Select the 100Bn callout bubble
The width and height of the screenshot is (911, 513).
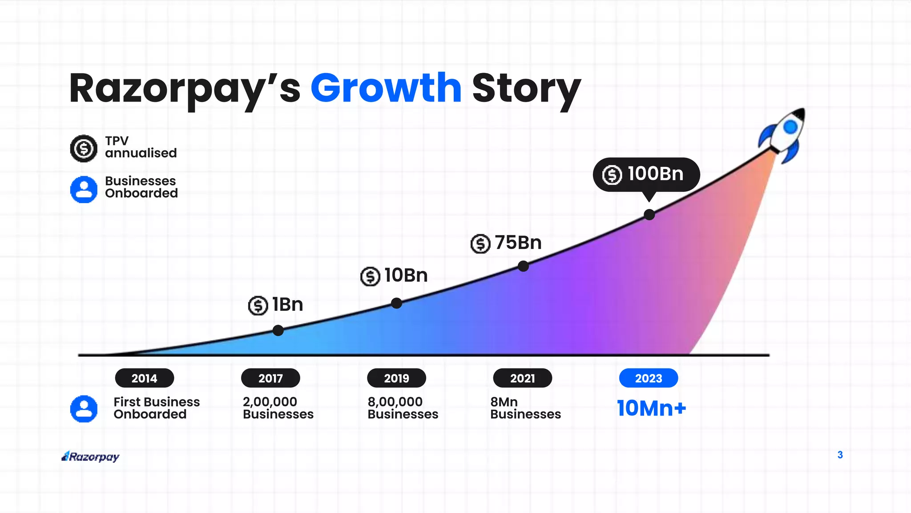click(x=646, y=174)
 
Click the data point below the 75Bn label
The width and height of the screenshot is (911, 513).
click(x=523, y=266)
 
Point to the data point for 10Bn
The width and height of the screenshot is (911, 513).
click(x=396, y=303)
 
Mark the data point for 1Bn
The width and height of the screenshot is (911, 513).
click(x=278, y=330)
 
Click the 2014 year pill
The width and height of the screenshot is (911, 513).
click(x=144, y=378)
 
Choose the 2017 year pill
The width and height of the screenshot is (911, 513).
click(x=270, y=378)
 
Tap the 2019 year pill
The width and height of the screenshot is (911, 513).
click(x=396, y=378)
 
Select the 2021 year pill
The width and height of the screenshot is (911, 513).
click(x=522, y=378)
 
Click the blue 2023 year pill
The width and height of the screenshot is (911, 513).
click(x=648, y=378)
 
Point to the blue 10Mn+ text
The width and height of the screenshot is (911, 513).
click(x=651, y=408)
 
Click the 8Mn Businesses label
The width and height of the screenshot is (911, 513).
click(x=525, y=408)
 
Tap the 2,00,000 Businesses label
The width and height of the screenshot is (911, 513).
click(x=278, y=408)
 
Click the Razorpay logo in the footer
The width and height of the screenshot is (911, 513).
click(x=91, y=456)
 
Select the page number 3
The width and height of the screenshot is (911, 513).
click(x=840, y=455)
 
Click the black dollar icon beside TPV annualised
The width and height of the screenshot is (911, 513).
click(x=84, y=148)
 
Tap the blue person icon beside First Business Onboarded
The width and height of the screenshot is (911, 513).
click(x=84, y=408)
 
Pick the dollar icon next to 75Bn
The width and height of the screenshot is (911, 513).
click(x=480, y=244)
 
